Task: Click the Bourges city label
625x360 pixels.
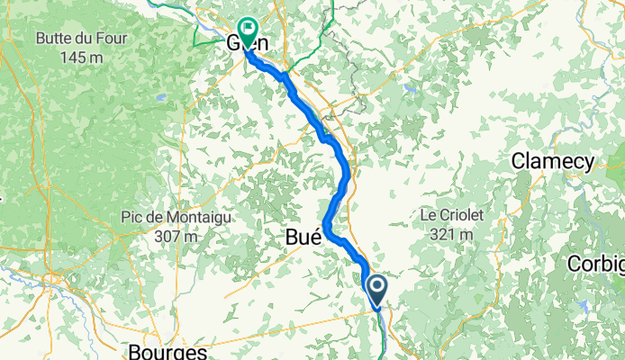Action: click(x=168, y=351)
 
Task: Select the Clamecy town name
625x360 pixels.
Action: click(x=553, y=162)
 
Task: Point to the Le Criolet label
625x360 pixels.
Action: click(x=452, y=216)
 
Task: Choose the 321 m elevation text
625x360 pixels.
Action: click(x=452, y=234)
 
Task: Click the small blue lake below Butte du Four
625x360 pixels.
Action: click(x=161, y=97)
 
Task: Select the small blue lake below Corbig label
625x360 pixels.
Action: click(x=584, y=306)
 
